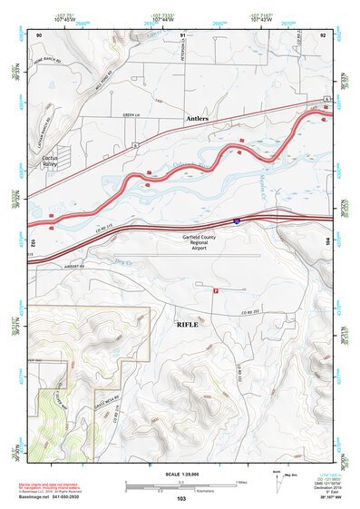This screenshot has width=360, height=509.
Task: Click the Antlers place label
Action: [197, 119]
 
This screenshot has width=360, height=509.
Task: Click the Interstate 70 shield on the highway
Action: [235, 220]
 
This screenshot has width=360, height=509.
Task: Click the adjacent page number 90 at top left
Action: [39, 34]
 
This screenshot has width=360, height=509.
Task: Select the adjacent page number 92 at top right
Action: [324, 34]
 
